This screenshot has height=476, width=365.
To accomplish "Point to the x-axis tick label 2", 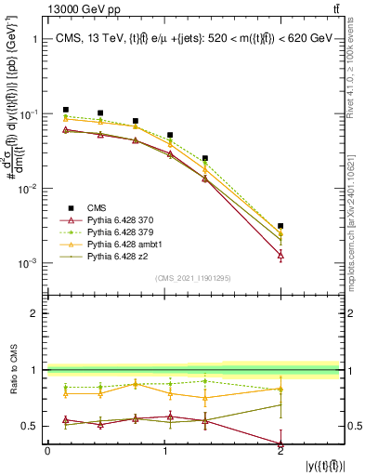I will click(280, 451).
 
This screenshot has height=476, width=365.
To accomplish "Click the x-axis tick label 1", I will click(164, 451).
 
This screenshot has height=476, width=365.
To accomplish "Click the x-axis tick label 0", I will click(47, 451).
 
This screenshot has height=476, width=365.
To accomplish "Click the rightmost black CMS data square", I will click(280, 226).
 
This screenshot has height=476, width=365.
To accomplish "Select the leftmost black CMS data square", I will click(65, 110).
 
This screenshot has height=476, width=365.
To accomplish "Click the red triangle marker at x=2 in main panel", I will click(280, 254).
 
